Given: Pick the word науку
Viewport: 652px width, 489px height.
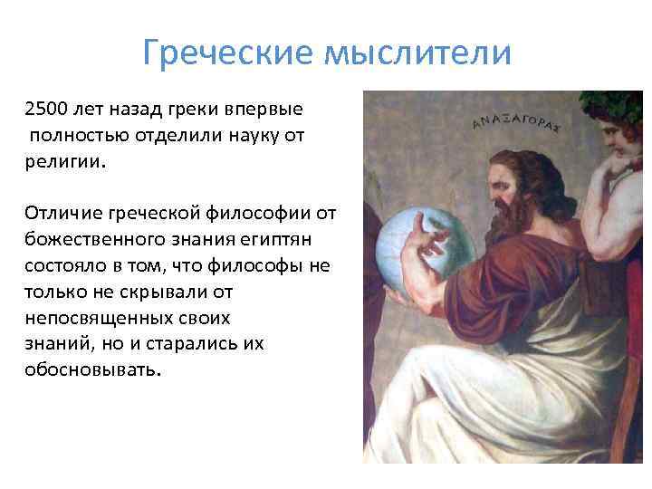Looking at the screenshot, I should (252, 136).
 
